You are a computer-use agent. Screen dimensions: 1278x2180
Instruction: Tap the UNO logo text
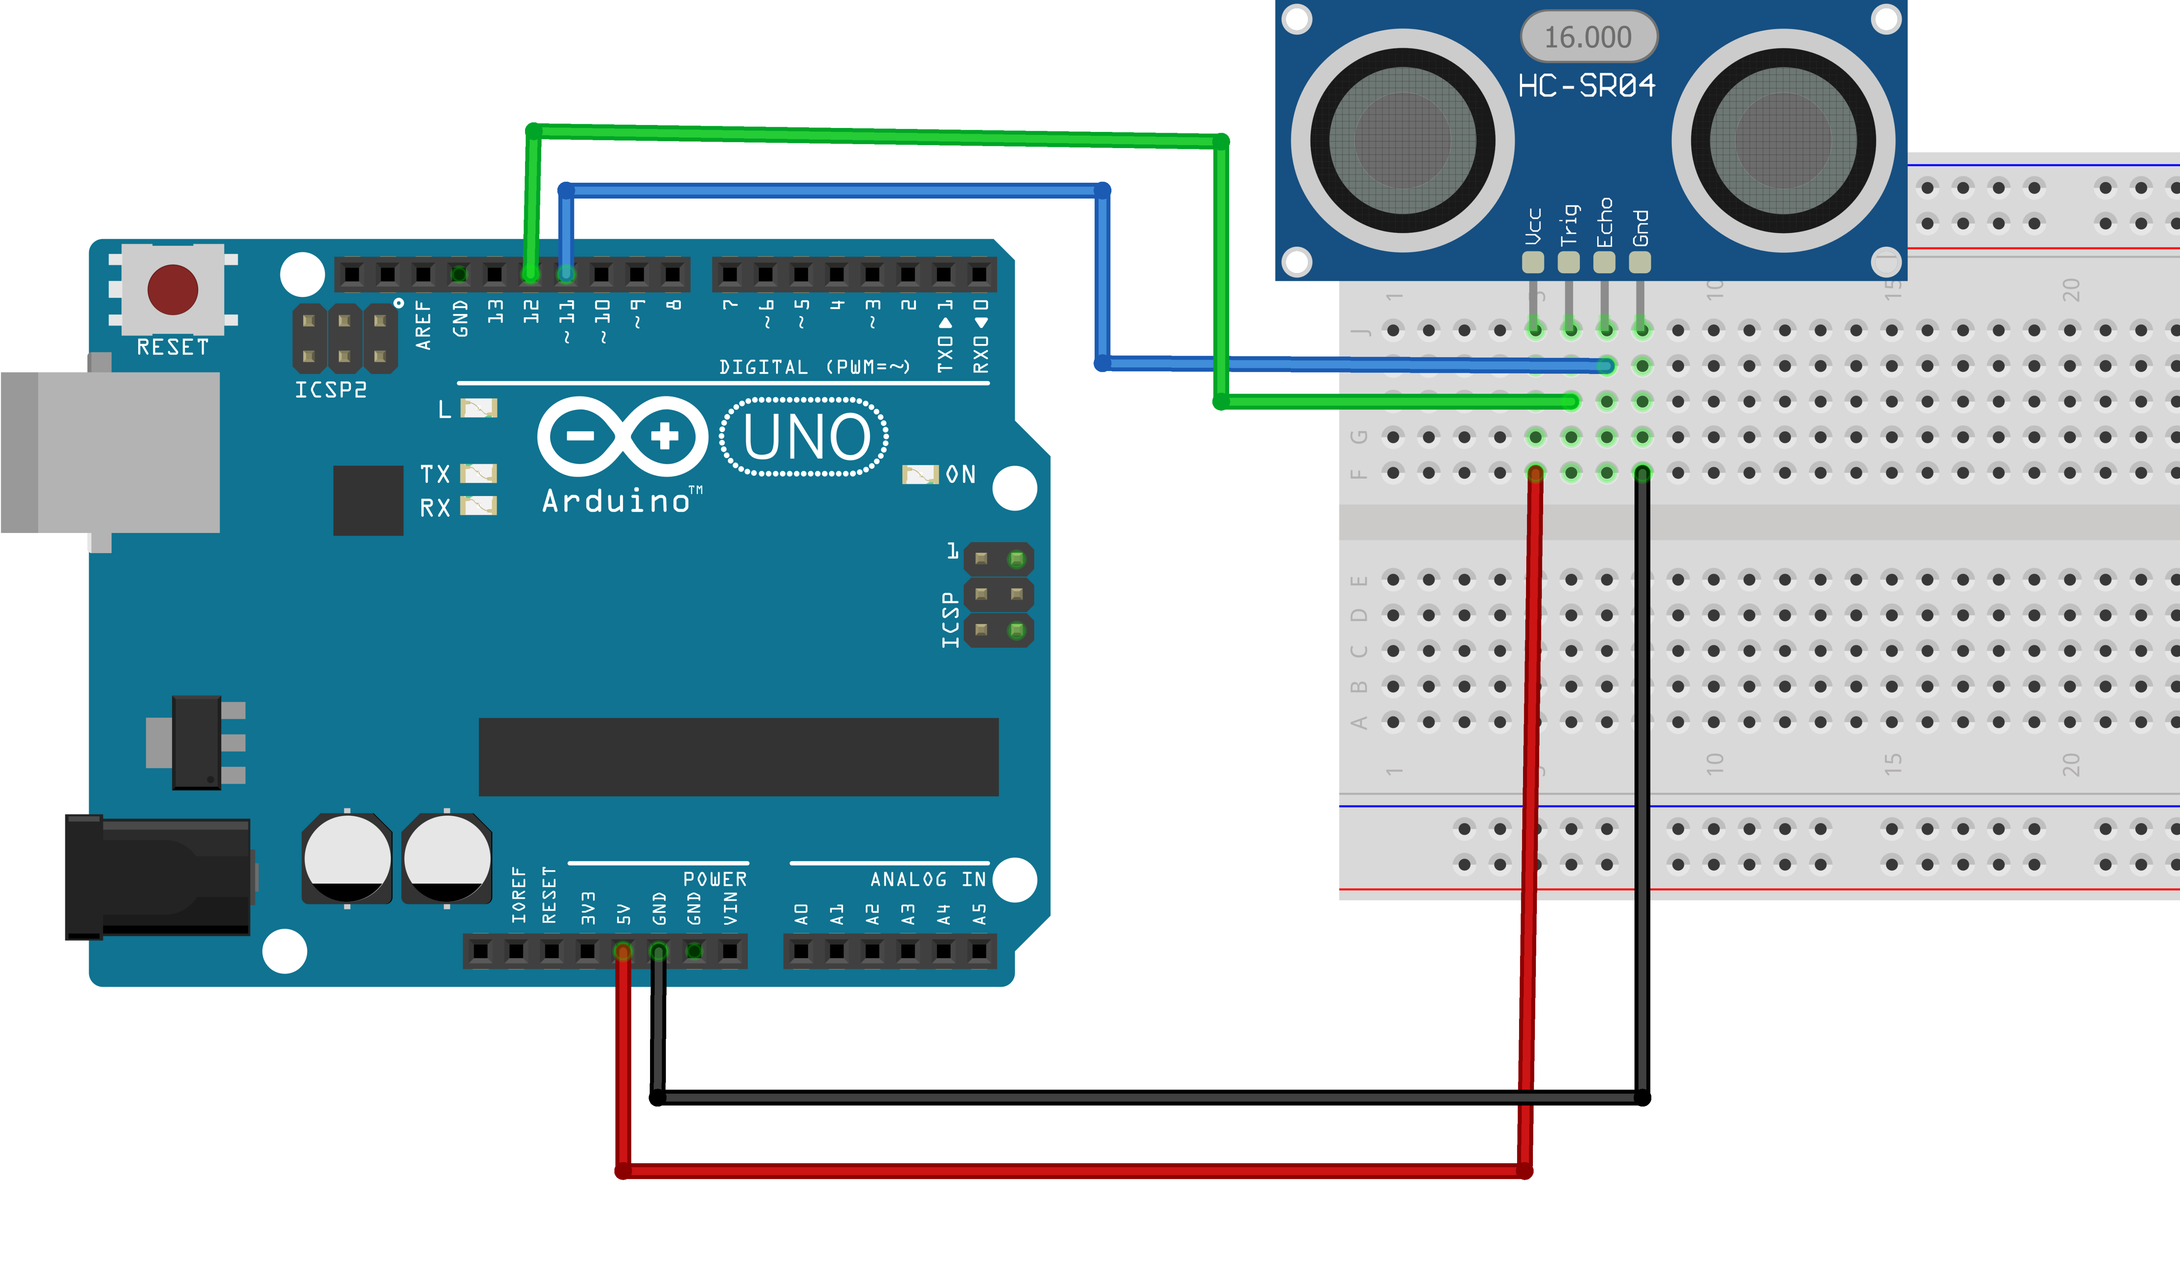pyautogui.click(x=805, y=437)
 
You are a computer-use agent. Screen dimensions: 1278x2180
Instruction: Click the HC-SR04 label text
pyautogui.click(x=1587, y=86)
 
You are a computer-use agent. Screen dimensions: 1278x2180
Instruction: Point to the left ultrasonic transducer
pyautogui.click(x=1402, y=141)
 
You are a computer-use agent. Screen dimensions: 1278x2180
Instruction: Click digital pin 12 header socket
pyautogui.click(x=530, y=274)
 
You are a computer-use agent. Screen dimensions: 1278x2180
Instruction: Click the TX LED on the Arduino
pyautogui.click(x=479, y=473)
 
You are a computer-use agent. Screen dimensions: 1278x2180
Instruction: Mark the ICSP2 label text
pyautogui.click(x=330, y=390)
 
